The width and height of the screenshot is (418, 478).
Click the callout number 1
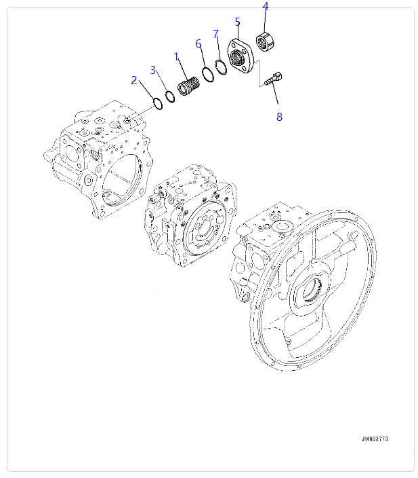click(176, 56)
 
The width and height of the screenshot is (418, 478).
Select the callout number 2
click(134, 81)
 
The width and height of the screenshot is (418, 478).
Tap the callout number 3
click(153, 70)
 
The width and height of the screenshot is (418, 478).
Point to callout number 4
click(265, 7)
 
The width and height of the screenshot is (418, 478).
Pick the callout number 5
click(237, 22)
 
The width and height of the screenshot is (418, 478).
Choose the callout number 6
click(198, 43)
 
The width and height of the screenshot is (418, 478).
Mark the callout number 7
click(215, 34)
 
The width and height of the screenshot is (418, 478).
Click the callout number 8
click(278, 116)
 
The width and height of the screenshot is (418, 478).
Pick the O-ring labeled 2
click(156, 105)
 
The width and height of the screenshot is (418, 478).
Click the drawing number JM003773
click(374, 439)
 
